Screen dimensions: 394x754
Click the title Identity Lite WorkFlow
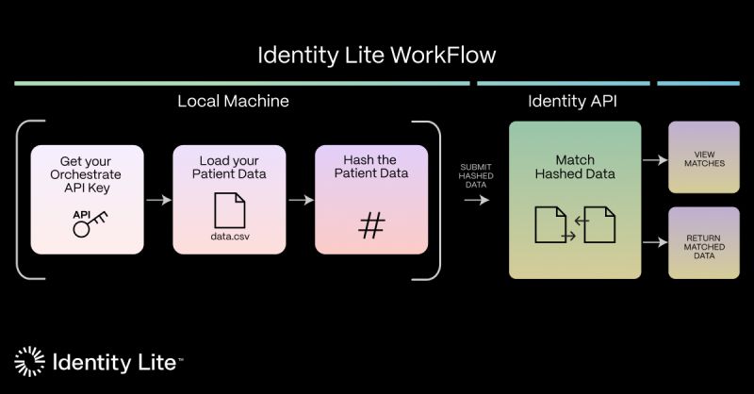(377, 55)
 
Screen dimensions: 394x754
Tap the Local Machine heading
(233, 101)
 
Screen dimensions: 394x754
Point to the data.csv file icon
(229, 208)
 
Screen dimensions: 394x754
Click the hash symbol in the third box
(371, 225)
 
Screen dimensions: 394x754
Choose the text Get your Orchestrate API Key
(87, 174)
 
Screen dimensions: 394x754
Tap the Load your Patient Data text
(229, 166)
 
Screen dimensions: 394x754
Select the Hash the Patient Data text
(371, 166)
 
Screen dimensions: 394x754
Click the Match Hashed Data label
(575, 166)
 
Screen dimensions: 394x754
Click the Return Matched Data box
(704, 242)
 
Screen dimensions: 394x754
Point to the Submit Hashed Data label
(475, 174)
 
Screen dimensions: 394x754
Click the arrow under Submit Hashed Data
(477, 200)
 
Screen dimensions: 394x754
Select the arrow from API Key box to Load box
(158, 200)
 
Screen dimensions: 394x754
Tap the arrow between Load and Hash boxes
(301, 200)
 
